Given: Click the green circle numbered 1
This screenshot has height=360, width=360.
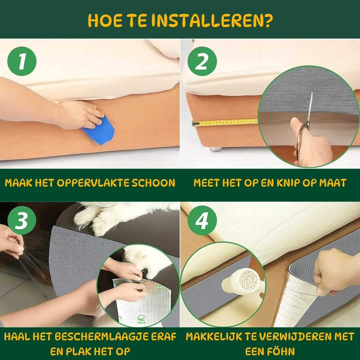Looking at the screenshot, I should pyautogui.click(x=22, y=61).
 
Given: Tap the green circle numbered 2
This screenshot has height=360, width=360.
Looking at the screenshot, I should pyautogui.click(x=202, y=61).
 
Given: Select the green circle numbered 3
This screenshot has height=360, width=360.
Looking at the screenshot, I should pyautogui.click(x=22, y=220).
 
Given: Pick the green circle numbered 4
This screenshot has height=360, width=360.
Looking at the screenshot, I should pyautogui.click(x=202, y=220).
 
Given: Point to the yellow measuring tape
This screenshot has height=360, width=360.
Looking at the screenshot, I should pyautogui.click(x=227, y=122).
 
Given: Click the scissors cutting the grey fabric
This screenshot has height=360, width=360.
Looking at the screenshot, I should pyautogui.click(x=305, y=130).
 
